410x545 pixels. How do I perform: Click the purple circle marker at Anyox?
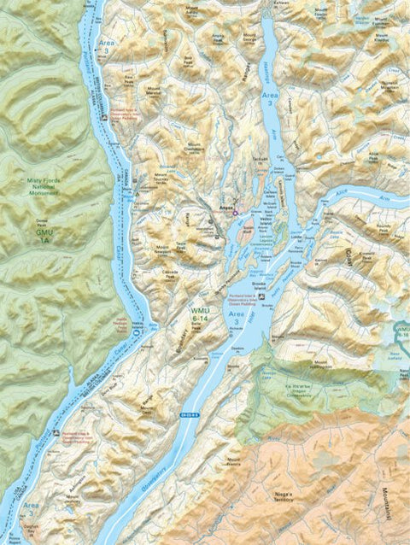[x=237, y=212]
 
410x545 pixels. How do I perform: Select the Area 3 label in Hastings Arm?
[x=268, y=97]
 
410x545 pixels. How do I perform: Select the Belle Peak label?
[x=200, y=339]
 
